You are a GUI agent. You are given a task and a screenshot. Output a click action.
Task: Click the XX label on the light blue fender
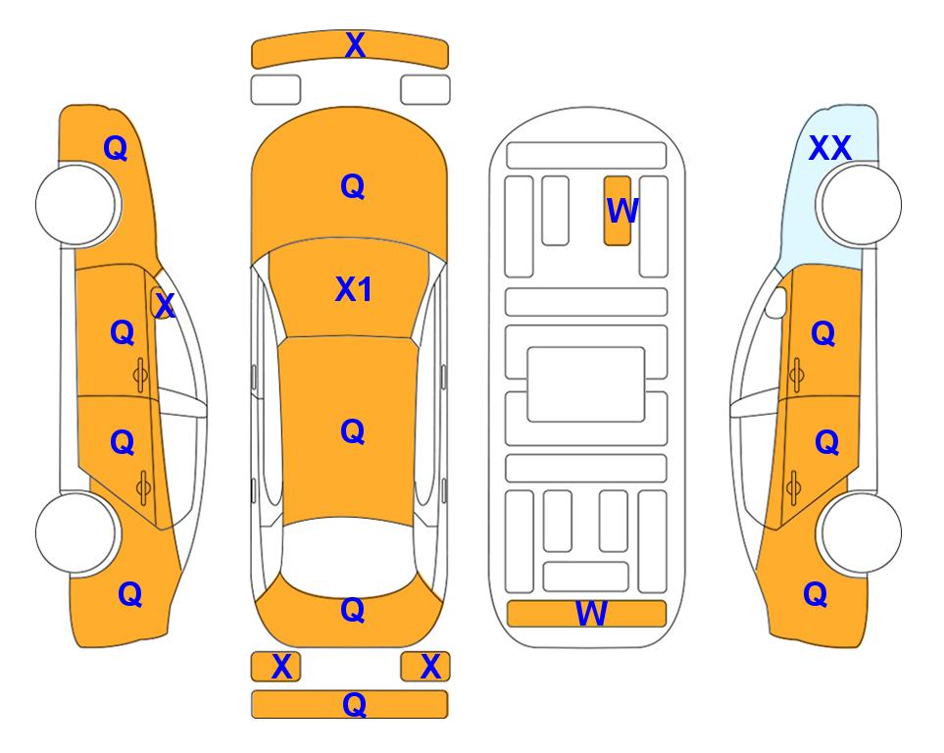pyautogui.click(x=829, y=148)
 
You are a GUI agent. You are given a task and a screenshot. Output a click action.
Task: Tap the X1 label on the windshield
pyautogui.click(x=354, y=289)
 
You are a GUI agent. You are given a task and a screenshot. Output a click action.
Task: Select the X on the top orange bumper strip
pyautogui.click(x=355, y=45)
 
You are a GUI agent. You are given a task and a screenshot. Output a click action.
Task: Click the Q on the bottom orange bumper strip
pyautogui.click(x=354, y=704)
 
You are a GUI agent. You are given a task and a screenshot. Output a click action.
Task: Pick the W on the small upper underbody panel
pyautogui.click(x=621, y=211)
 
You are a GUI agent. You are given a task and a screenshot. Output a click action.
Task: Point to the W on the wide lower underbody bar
pyautogui.click(x=591, y=614)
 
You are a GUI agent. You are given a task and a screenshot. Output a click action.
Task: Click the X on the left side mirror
pyautogui.click(x=164, y=306)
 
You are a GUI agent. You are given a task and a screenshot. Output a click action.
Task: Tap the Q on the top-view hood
pyautogui.click(x=353, y=186)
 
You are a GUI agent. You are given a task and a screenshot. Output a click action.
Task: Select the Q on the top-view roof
pyautogui.click(x=353, y=431)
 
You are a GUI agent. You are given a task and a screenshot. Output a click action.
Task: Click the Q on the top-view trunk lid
pyautogui.click(x=353, y=610)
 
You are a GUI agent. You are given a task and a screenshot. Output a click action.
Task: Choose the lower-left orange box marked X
pyautogui.click(x=275, y=667)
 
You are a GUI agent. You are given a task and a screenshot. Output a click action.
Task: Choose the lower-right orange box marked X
pyautogui.click(x=425, y=667)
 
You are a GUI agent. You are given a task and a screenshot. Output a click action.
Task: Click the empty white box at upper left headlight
pyautogui.click(x=275, y=90)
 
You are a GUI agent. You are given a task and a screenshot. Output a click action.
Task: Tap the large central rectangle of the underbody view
pyautogui.click(x=586, y=384)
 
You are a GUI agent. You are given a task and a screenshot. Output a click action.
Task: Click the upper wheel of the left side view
pyautogui.click(x=75, y=205)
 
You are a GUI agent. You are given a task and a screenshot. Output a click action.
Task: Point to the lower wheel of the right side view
pyautogui.click(x=861, y=532)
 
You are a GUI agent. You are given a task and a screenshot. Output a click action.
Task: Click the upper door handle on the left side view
pyautogui.click(x=140, y=375)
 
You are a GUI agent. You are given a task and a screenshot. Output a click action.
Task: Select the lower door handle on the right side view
pyautogui.click(x=793, y=488)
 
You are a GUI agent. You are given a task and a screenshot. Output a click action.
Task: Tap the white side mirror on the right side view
pyautogui.click(x=776, y=303)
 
